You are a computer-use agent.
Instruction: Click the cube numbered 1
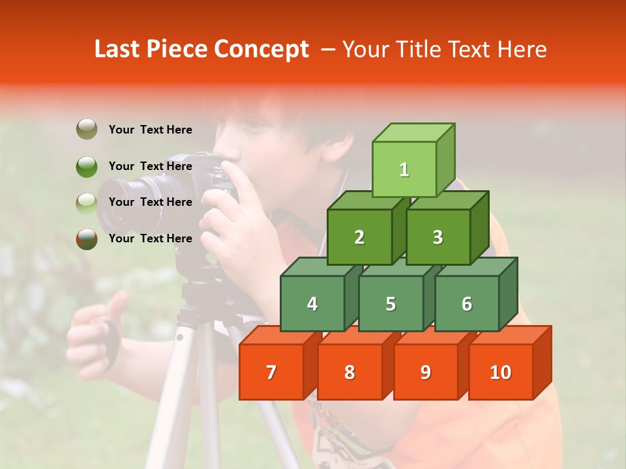click(x=404, y=169)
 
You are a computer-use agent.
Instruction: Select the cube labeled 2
click(x=359, y=238)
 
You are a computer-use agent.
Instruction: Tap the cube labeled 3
click(x=438, y=238)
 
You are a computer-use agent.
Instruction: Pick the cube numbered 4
click(x=312, y=304)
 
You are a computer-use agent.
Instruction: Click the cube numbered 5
click(x=390, y=304)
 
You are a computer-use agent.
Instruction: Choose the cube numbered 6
click(x=467, y=304)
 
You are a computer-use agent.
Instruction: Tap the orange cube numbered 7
click(x=271, y=372)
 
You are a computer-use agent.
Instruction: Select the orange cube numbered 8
click(x=350, y=372)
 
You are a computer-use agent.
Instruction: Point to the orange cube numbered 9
click(x=425, y=372)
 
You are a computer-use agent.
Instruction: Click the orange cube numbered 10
click(x=500, y=372)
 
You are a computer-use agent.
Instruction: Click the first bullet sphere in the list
click(x=87, y=130)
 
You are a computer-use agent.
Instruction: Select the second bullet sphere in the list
click(x=87, y=166)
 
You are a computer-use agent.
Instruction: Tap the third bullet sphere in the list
click(x=87, y=203)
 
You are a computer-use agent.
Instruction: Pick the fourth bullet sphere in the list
click(x=87, y=238)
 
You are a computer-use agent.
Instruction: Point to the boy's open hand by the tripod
click(x=98, y=332)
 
